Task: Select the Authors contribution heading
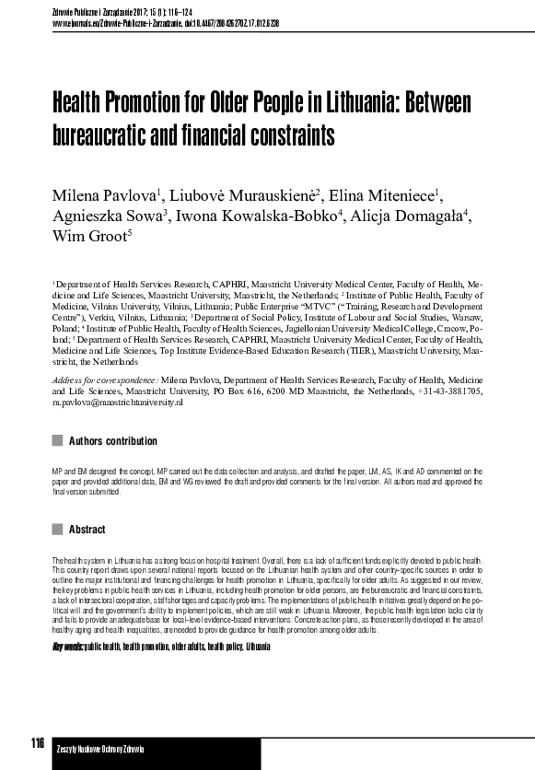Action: (113, 441)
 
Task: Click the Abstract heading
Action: (87, 530)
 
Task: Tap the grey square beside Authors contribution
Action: (58, 441)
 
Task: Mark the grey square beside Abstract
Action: (58, 530)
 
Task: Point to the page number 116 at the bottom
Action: (37, 743)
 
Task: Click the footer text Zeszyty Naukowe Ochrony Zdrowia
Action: (94, 749)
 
